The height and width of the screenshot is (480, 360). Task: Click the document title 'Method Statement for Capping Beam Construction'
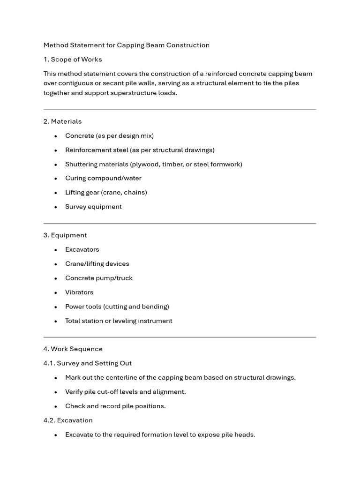point(127,45)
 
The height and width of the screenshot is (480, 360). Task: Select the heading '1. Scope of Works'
point(73,60)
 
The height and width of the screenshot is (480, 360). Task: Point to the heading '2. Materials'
point(62,121)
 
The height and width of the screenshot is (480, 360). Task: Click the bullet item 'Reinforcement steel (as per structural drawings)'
point(140,150)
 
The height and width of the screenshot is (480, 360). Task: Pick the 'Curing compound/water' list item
point(103,178)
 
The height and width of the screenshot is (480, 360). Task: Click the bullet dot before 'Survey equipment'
point(56,207)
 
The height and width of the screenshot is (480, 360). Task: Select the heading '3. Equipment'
point(65,235)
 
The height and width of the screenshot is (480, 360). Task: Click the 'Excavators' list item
point(82,249)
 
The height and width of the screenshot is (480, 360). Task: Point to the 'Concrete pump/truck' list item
point(99,278)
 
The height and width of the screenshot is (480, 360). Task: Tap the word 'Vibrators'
point(79,292)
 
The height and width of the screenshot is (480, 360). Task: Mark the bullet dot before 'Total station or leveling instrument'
point(56,321)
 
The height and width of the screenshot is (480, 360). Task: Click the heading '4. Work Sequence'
point(73,349)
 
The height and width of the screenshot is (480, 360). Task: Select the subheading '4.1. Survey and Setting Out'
point(88,363)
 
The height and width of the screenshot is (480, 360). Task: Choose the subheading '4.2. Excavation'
point(68,420)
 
